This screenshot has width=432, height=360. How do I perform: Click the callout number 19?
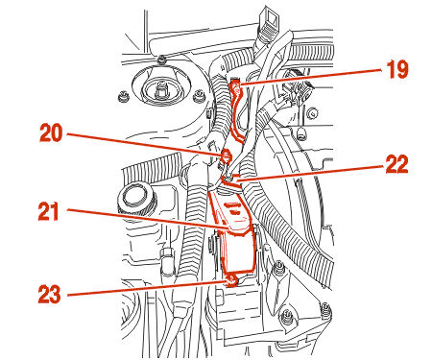click(x=397, y=69)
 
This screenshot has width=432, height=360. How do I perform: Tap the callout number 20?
click(x=51, y=133)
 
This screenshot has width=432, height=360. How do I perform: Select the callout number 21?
click(x=49, y=211)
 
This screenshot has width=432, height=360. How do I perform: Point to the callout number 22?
click(x=396, y=164)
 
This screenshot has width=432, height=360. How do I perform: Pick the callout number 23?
click(x=50, y=294)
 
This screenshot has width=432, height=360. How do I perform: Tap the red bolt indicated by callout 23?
click(x=232, y=280)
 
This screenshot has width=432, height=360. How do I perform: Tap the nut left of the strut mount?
click(x=122, y=96)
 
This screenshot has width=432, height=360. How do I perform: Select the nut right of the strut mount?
click(x=199, y=96)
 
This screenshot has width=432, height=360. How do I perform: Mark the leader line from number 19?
click(x=311, y=77)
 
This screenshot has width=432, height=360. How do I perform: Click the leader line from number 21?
click(x=148, y=219)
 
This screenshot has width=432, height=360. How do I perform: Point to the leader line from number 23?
click(x=148, y=288)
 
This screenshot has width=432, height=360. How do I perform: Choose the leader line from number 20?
click(x=144, y=144)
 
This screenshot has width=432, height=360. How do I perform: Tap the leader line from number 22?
click(x=310, y=174)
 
